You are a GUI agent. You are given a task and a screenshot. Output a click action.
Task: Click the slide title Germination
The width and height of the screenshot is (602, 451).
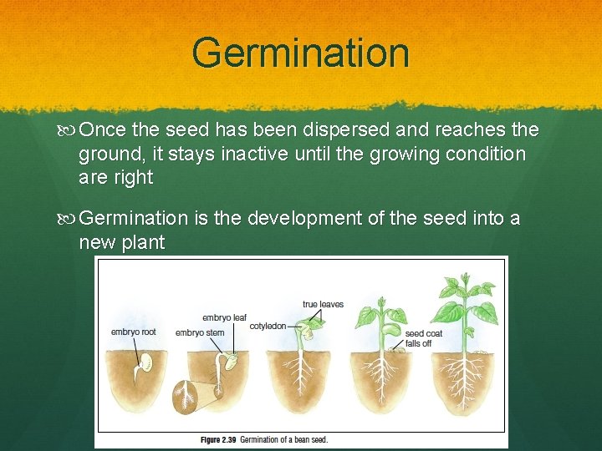coord(300,53)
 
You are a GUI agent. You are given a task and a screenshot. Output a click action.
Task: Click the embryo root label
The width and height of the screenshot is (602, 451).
coord(133,332)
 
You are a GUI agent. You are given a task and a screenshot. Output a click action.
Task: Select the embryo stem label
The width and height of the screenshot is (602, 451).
coord(199,333)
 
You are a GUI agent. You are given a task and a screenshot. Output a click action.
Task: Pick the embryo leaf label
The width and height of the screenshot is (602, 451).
coord(223,317)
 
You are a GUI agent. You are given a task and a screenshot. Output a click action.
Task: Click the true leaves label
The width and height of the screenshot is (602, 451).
coord(323,304)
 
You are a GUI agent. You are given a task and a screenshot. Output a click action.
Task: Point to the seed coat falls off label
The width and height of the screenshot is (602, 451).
coord(423,337)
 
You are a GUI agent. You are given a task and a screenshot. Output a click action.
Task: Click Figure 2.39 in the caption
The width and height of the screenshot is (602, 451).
coord(219,439)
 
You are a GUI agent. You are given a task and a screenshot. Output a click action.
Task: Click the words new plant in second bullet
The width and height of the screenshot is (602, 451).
coord(121,243)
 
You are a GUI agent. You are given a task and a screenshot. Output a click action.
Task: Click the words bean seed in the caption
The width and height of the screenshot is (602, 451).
coord(309,439)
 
